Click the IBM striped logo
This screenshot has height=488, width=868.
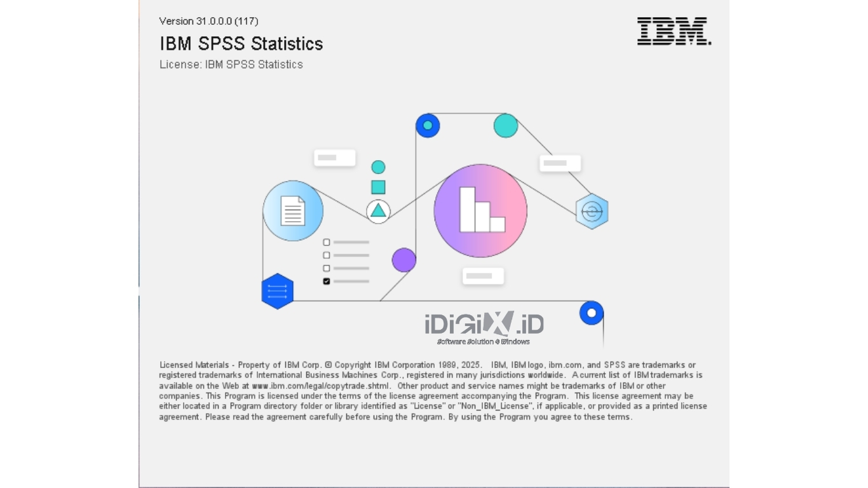(x=674, y=31)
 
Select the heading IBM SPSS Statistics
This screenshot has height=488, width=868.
(x=241, y=43)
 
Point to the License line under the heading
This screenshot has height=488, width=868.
(x=231, y=64)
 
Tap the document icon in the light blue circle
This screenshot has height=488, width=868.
(x=292, y=211)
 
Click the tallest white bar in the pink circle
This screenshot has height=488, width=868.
(x=467, y=209)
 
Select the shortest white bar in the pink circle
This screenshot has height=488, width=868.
(x=498, y=224)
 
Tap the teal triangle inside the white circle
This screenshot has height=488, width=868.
(x=378, y=211)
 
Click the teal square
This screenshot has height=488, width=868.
(x=378, y=187)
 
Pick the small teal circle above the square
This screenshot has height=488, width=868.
(x=378, y=167)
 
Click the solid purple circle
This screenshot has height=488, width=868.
(x=403, y=260)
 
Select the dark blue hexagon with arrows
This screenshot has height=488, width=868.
(x=278, y=291)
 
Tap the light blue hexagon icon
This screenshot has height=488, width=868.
(x=592, y=212)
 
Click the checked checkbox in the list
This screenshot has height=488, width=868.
(x=326, y=281)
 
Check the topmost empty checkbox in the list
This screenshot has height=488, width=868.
(x=326, y=242)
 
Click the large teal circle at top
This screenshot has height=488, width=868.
(x=506, y=126)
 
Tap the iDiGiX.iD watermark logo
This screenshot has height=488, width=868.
(x=484, y=327)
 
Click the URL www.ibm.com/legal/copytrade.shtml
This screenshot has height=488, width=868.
(x=320, y=386)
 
